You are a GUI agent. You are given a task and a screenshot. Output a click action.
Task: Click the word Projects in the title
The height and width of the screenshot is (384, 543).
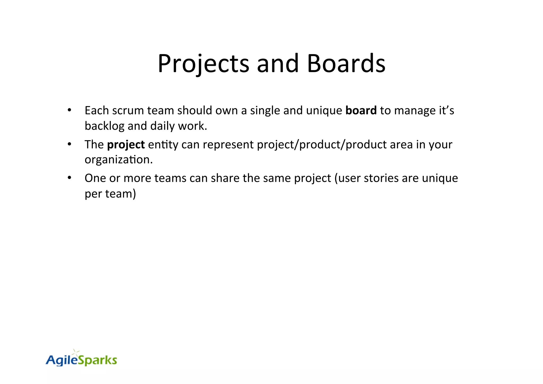(x=203, y=64)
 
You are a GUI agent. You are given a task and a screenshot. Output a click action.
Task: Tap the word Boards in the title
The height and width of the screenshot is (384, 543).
(x=346, y=64)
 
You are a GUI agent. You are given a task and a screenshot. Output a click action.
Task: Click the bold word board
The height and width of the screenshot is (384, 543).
(x=361, y=110)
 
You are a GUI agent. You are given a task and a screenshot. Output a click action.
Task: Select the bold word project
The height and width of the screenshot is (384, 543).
(x=126, y=145)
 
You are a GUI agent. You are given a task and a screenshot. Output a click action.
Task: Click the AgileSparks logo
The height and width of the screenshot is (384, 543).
(x=81, y=359)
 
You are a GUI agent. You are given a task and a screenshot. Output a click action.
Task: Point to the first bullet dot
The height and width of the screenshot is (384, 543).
(x=69, y=110)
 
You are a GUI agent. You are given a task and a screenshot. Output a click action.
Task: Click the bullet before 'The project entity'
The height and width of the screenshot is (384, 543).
(x=69, y=144)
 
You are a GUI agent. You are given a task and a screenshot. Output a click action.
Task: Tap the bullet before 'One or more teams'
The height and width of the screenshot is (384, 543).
(x=69, y=178)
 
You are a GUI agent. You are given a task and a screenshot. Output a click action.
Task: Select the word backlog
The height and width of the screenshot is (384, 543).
(x=104, y=126)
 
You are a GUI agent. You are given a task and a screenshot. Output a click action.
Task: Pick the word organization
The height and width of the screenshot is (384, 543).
(x=119, y=160)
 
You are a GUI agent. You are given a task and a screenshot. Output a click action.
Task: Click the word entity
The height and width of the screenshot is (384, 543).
(x=163, y=145)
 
